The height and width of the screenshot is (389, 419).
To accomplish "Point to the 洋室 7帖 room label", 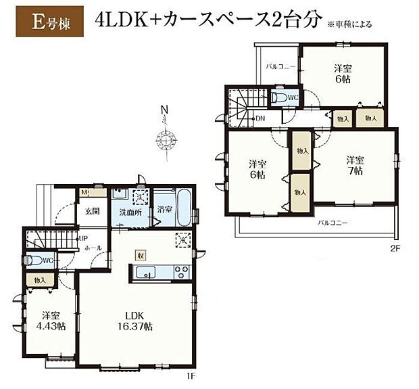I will [355, 166].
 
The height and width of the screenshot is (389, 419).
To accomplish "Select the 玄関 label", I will [92, 210].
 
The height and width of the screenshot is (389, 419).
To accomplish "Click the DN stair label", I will [260, 119].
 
